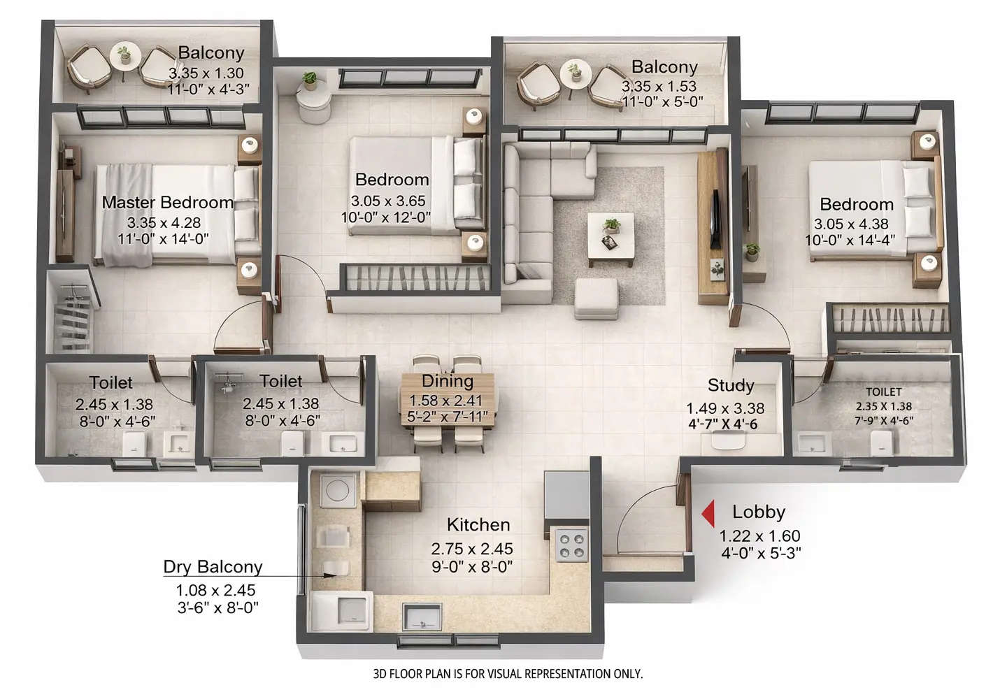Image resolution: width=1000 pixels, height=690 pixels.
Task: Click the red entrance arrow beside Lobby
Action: (x=708, y=514)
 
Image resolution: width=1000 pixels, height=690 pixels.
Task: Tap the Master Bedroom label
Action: (x=168, y=203)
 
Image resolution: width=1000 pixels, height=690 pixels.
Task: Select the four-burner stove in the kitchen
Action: (x=571, y=545)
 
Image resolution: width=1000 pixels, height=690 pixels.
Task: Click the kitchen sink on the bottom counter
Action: (x=422, y=617)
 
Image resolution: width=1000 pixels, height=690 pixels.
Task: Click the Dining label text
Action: (x=448, y=382)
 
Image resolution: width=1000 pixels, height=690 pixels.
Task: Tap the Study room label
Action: (x=731, y=385)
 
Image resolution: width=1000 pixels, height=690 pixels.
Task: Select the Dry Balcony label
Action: (x=213, y=567)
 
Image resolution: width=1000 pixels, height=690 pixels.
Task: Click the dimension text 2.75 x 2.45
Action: (x=472, y=549)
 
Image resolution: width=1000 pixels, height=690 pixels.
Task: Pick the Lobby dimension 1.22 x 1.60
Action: (x=760, y=536)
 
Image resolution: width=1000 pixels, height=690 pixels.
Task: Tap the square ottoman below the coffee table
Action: (x=596, y=298)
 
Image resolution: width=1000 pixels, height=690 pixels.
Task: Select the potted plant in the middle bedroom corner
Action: (x=308, y=81)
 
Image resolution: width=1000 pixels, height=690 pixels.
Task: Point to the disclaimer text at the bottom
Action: (x=508, y=674)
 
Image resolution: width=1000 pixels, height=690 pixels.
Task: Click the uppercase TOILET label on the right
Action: (x=884, y=392)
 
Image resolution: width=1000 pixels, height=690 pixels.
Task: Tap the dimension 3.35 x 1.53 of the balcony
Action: (x=659, y=87)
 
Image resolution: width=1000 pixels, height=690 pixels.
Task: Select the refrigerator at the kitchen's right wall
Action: (x=566, y=495)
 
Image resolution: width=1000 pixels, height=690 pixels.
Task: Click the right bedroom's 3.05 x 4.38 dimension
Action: (x=851, y=224)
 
